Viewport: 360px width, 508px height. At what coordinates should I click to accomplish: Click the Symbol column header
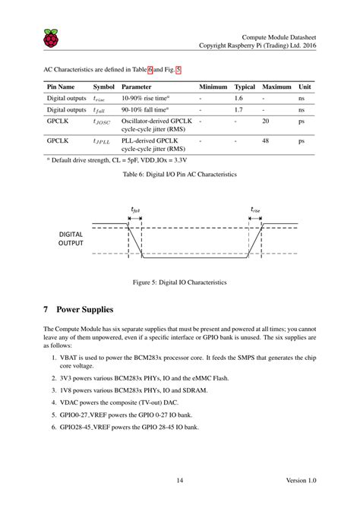(103, 87)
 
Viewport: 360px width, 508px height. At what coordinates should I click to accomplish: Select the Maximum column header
(276, 87)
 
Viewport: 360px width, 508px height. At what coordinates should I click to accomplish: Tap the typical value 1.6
(238, 99)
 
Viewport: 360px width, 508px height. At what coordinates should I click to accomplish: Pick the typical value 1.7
(238, 110)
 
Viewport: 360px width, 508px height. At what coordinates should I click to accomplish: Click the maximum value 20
(265, 121)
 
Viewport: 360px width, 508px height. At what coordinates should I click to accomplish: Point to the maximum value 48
(265, 140)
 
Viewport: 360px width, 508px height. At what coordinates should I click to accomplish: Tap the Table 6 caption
(180, 175)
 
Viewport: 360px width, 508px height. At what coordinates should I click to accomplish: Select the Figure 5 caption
(180, 282)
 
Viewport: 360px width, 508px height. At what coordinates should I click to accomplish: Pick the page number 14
(180, 480)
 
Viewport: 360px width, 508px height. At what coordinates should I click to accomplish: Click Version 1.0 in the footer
(302, 480)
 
